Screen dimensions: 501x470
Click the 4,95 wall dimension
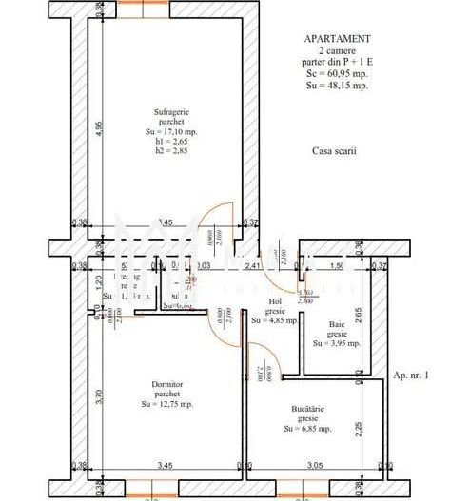(99, 127)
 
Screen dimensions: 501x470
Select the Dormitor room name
(166, 384)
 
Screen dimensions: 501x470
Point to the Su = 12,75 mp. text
(166, 404)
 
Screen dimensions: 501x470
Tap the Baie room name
(338, 323)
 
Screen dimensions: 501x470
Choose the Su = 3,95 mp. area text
(338, 344)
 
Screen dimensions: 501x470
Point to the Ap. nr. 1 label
(411, 376)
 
